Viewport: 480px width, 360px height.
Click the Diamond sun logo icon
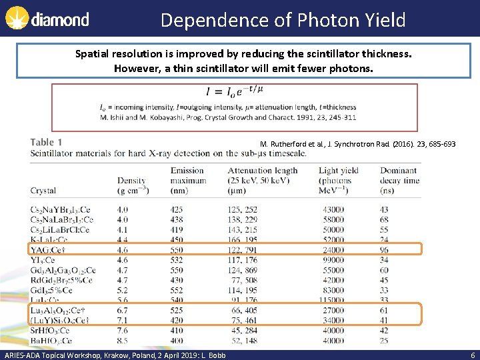click(x=15, y=18)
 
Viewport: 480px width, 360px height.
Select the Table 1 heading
click(x=47, y=142)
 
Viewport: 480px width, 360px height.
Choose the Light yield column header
click(x=339, y=180)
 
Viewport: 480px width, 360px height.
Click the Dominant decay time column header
click(x=399, y=180)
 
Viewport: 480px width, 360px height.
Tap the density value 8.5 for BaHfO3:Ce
click(x=123, y=341)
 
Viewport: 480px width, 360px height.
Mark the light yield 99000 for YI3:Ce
click(x=333, y=259)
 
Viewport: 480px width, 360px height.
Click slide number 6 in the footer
click(x=471, y=355)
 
